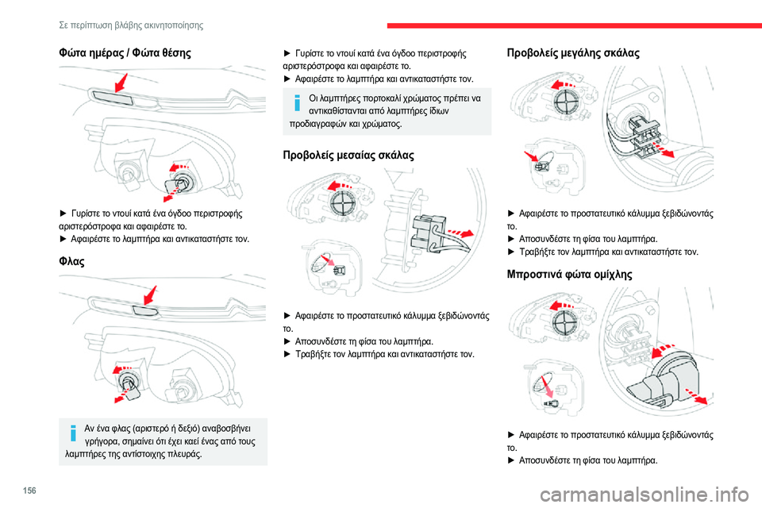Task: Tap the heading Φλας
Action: coord(70,260)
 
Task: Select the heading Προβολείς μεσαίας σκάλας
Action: coord(348,154)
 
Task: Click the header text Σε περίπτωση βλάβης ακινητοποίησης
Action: coord(131,25)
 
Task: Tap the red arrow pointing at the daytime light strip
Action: coord(119,84)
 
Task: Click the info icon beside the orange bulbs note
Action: coord(296,103)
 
